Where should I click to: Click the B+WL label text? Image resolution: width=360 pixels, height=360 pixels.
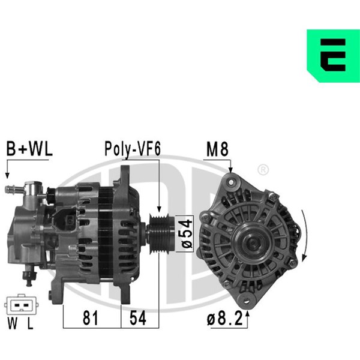click(29, 149)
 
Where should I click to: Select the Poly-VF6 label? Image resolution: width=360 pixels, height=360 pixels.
click(133, 149)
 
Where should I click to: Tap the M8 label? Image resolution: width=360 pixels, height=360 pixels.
click(217, 149)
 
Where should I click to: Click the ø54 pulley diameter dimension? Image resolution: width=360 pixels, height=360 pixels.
click(187, 233)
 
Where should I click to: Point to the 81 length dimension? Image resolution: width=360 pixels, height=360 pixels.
click(90, 318)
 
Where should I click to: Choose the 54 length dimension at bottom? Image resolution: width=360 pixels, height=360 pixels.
click(138, 318)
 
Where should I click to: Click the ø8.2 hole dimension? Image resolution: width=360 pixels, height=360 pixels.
click(225, 319)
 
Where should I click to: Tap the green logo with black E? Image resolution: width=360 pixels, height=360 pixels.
click(334, 56)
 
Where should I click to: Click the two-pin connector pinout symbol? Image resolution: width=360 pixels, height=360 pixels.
click(22, 305)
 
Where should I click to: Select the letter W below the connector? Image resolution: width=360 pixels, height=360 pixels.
click(13, 323)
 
